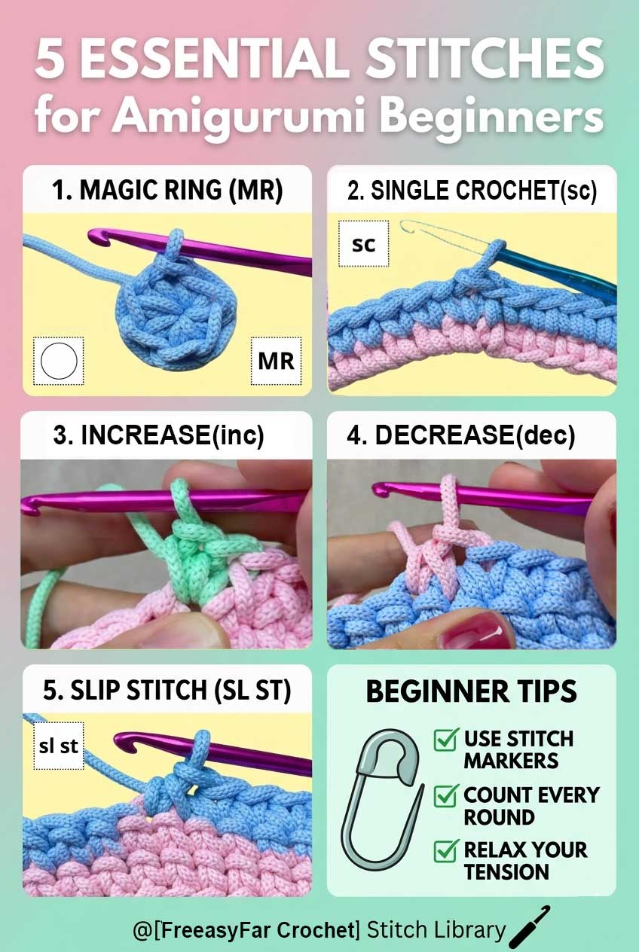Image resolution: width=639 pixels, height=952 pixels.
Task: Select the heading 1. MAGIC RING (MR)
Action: coord(167,191)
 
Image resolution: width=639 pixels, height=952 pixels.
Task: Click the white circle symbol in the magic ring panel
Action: coord(60,361)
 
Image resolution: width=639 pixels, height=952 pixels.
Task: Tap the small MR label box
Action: coord(276,361)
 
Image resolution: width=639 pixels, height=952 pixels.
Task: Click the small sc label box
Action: coord(364,244)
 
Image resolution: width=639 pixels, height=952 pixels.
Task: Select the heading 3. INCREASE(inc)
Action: coord(159,436)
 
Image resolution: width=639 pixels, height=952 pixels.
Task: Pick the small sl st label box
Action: coord(59,746)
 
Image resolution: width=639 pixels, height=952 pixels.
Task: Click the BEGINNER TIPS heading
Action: coord(471,691)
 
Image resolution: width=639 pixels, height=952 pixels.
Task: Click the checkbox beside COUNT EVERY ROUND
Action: coord(446,795)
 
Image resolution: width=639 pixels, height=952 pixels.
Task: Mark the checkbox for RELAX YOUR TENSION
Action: coord(446,851)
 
